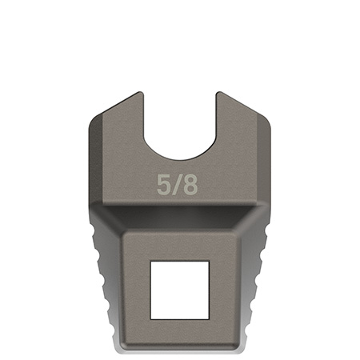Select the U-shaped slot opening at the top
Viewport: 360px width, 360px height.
point(181,112)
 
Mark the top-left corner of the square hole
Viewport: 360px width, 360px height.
point(151,261)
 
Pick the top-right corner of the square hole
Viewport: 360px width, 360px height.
point(208,261)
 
